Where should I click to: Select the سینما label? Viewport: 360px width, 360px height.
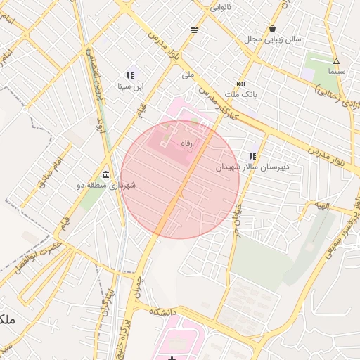pos(336,72)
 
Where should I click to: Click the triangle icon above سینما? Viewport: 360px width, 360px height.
pos(336,62)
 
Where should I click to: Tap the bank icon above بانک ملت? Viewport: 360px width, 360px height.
pos(241,83)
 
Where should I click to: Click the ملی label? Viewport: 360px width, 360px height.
pos(187,75)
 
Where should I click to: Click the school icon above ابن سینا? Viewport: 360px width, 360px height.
pos(131,75)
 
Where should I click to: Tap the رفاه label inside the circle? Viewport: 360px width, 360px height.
pos(187,143)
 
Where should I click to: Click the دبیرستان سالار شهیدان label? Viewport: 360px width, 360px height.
pos(252,167)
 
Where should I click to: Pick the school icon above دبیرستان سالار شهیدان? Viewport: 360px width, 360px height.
pos(252,156)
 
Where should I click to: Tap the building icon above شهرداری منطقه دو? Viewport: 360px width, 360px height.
pos(105,174)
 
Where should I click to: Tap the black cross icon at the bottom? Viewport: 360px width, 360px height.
pos(172,359)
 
